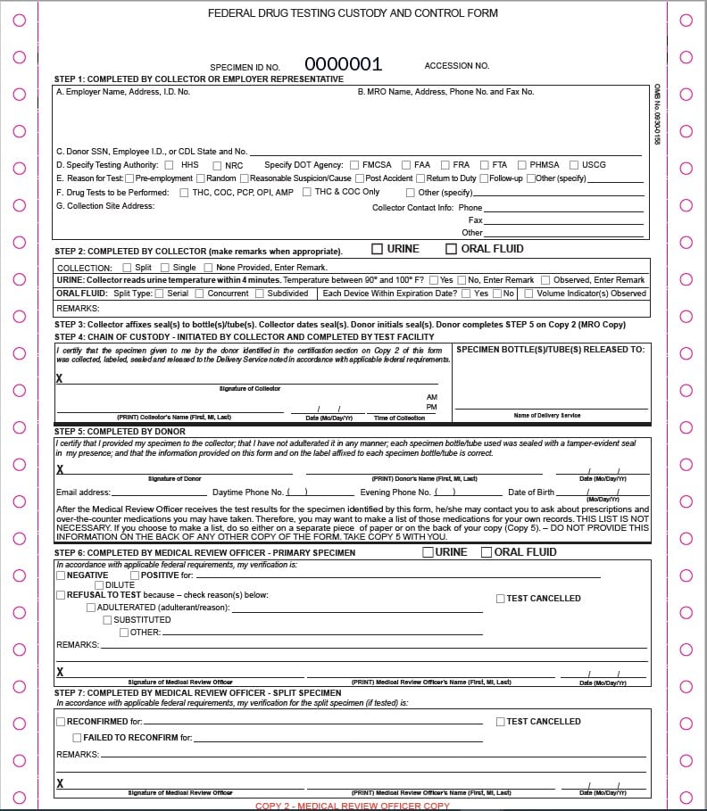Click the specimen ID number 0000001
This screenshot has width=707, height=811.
[343, 64]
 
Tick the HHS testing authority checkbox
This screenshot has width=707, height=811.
[168, 165]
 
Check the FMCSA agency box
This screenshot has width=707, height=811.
[354, 165]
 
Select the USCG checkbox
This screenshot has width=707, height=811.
[573, 165]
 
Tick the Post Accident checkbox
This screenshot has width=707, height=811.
[360, 178]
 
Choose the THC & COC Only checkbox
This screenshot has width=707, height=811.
[306, 192]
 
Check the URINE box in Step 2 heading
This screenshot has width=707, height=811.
[378, 249]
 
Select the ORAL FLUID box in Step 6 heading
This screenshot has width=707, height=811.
[487, 552]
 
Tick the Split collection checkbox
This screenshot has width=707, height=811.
[127, 268]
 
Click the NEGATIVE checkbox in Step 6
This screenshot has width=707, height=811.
[61, 575]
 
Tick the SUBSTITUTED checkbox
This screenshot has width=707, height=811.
[107, 620]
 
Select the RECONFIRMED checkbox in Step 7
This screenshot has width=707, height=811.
[61, 722]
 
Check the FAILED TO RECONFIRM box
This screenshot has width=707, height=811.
[77, 738]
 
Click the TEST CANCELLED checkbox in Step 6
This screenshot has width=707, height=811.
[501, 599]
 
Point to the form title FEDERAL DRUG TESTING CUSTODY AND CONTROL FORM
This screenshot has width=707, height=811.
[353, 13]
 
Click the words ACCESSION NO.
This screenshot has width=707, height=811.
[456, 66]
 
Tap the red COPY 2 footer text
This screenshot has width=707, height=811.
[353, 806]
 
